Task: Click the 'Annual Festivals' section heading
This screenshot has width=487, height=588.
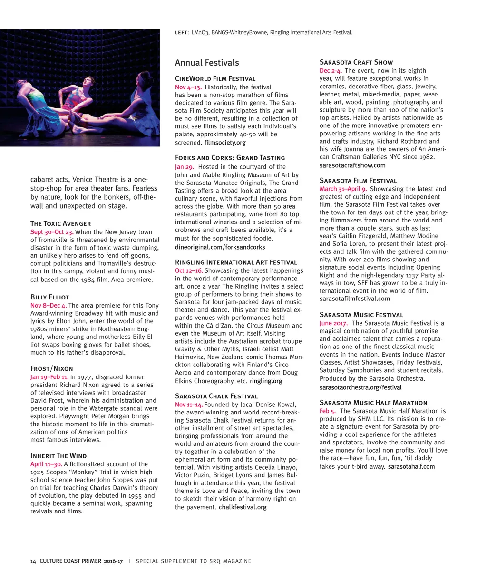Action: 207,63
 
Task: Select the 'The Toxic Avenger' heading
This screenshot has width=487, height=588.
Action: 60,223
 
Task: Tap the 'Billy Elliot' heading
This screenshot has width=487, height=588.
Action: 49,297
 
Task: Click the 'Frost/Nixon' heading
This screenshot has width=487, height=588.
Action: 52,368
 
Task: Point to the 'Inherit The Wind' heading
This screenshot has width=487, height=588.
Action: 58,455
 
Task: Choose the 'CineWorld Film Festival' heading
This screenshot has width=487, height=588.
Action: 215,79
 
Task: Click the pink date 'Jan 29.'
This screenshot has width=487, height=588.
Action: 185,167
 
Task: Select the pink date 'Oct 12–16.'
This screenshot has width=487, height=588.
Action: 189,270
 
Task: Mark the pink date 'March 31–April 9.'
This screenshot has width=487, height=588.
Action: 343,189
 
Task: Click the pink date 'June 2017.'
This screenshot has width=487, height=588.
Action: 333,323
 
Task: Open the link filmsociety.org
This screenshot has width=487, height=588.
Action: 225,143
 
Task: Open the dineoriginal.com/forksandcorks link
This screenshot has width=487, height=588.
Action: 220,247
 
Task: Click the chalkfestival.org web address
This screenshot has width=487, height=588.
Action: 243,507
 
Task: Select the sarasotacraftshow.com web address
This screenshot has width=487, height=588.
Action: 352,165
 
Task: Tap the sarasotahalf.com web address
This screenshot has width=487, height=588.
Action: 411,466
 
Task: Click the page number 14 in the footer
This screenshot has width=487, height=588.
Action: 33,561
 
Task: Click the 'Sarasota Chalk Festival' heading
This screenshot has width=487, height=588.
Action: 216,396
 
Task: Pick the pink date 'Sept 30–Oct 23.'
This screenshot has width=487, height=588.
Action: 52,232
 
